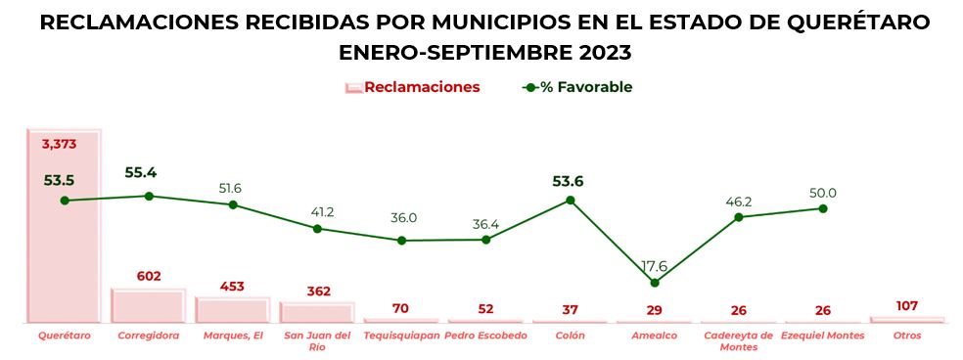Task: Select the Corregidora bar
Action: (148, 305)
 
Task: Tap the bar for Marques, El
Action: (232, 309)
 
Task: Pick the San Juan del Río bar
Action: (316, 312)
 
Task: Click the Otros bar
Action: (906, 319)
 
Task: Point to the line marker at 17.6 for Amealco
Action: (655, 283)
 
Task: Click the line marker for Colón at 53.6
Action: (571, 200)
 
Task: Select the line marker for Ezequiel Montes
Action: (823, 208)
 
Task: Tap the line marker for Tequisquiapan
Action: (401, 240)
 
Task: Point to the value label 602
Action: (149, 277)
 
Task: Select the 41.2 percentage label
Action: (318, 211)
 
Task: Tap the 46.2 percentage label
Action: (739, 202)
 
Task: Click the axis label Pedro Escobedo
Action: (485, 336)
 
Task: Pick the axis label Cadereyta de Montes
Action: (739, 341)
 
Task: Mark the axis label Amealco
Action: (654, 336)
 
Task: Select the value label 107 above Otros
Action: (907, 305)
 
